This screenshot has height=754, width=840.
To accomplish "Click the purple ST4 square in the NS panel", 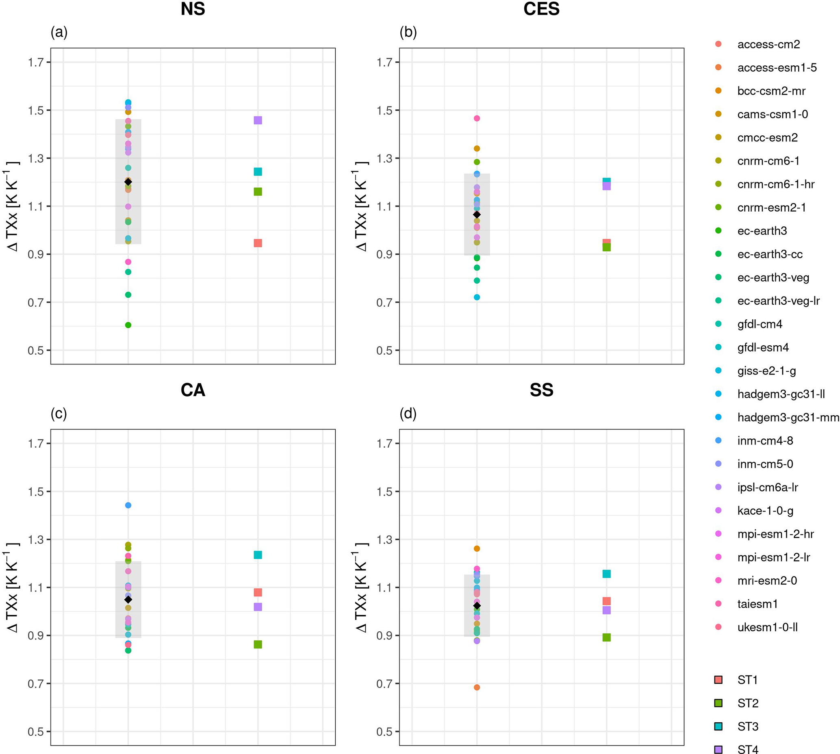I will [x=258, y=120].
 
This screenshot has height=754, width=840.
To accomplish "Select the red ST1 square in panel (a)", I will [x=258, y=243].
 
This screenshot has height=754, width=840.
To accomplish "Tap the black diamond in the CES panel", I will [x=477, y=214].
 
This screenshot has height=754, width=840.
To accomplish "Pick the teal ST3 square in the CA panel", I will [x=258, y=555].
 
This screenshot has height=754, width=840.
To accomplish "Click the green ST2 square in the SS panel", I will [x=606, y=637].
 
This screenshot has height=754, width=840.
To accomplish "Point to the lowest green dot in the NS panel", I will [x=128, y=325].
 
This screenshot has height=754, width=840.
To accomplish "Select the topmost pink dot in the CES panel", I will [x=477, y=119].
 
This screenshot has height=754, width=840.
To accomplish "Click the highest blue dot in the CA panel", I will [x=128, y=505].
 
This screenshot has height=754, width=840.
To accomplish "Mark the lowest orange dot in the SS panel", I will [x=477, y=687].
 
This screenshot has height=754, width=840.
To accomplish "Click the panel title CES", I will [x=541, y=9].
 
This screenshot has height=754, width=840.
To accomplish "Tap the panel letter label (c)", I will [x=59, y=414].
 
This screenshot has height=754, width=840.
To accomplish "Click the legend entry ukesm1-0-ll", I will [x=767, y=627].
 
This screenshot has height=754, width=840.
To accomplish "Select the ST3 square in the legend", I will [x=718, y=726].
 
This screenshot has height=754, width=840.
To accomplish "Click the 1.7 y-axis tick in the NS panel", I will [x=36, y=63].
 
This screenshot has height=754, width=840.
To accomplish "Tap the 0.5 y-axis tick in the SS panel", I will [x=384, y=732].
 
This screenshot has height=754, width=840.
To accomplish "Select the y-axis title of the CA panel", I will [x=13, y=587].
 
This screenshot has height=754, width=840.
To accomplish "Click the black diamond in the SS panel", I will [x=477, y=606].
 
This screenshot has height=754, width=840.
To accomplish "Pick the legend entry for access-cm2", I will [x=768, y=44].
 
